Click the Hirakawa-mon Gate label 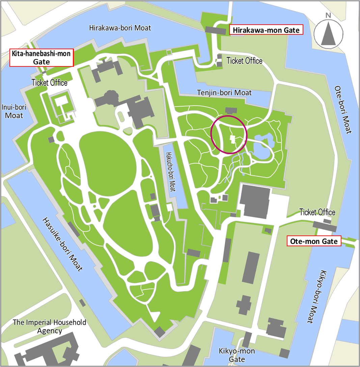point(266,30)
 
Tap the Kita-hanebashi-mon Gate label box point(41,58)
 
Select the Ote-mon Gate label point(314,242)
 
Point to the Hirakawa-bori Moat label point(120,28)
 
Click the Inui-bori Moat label point(14,111)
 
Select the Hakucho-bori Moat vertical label point(170,172)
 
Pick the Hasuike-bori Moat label point(62,244)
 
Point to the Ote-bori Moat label point(343,110)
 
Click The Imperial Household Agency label point(50,326)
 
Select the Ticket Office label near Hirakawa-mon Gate point(244,61)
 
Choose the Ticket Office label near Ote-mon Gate point(317,212)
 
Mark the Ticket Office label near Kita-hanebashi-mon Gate point(49,83)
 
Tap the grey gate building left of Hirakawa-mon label point(215,31)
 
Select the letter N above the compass point(328,15)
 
